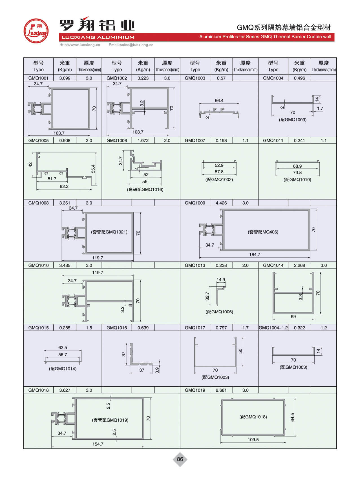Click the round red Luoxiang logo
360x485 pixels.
(x=36, y=31)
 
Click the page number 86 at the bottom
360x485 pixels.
(x=180, y=459)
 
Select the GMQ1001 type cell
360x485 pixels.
(x=38, y=78)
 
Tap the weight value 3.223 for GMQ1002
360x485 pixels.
(x=143, y=78)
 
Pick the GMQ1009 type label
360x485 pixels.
(x=195, y=203)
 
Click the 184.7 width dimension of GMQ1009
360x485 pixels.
(x=255, y=255)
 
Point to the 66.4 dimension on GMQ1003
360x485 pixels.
(x=219, y=101)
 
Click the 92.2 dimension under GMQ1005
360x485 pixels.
(x=64, y=187)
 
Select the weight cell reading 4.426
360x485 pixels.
(x=221, y=203)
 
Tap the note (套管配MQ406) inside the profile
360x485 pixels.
(x=263, y=232)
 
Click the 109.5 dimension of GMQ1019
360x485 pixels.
(x=253, y=440)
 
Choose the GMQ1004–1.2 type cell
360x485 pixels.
(x=273, y=328)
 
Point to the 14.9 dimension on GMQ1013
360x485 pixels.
(x=221, y=280)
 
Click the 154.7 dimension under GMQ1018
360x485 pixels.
(x=98, y=444)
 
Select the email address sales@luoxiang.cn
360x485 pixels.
(x=131, y=45)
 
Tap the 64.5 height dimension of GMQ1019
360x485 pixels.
(x=293, y=417)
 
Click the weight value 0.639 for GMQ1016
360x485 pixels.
(x=143, y=328)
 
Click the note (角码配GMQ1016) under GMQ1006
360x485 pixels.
(x=145, y=190)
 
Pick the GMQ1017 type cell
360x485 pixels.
(x=195, y=328)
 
